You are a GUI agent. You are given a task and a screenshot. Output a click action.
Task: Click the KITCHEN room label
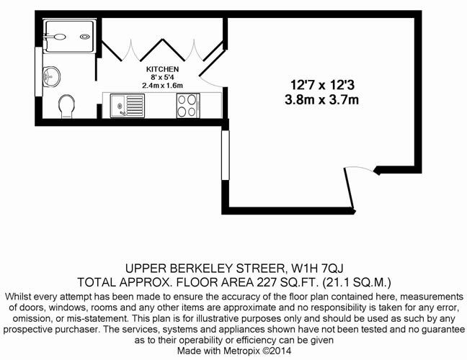coord(162,69)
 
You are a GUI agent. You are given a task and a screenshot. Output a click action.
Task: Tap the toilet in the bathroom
coord(67,107)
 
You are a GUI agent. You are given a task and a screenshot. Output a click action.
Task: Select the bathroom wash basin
coord(51,77)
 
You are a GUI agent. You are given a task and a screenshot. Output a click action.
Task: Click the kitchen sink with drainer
coord(128,106)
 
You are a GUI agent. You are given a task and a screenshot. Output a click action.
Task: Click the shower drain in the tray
coord(85,37)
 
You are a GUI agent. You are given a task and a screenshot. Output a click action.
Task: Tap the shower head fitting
coord(56,37)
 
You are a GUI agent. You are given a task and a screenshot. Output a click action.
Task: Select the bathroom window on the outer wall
coord(39,71)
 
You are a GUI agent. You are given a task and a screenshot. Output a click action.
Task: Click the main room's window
coord(226,155)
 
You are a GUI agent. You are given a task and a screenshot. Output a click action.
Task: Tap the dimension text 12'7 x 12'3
coord(323,85)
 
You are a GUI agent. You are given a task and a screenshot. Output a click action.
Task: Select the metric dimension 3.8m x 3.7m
coord(321,99)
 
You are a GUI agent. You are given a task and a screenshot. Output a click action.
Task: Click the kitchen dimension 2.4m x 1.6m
coord(162,86)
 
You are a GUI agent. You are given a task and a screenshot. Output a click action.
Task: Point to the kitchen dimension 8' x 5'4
coord(162,77)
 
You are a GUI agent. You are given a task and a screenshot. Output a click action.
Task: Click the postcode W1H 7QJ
coord(317,269)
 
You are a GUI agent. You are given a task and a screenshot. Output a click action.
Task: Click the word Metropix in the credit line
coord(242,351)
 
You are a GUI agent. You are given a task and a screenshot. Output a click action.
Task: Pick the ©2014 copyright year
coord(277,351)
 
